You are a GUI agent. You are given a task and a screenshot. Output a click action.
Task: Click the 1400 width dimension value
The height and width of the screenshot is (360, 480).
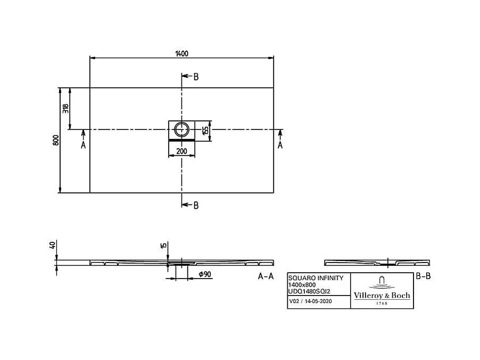(181, 53)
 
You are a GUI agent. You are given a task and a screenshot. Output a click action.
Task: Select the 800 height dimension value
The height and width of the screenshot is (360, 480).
(56, 140)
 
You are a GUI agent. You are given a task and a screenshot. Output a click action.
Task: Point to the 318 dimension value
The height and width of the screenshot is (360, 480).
(66, 109)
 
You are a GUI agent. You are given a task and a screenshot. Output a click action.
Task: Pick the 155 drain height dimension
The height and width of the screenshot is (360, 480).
(205, 130)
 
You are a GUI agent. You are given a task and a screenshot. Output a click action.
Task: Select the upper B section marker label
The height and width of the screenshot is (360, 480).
(196, 77)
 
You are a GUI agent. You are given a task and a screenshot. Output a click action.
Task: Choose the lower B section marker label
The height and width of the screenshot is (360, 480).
(196, 205)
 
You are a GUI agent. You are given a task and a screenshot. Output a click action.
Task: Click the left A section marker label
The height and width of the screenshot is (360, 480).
(83, 145)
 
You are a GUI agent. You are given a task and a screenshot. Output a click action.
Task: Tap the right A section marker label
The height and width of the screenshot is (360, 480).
(280, 145)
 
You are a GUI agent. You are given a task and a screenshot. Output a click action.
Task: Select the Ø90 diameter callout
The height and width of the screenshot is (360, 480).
(205, 274)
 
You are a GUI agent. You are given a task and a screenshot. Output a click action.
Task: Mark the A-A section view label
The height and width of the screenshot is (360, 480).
(266, 276)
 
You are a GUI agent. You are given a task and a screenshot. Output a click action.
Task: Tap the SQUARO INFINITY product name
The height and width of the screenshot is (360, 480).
(312, 278)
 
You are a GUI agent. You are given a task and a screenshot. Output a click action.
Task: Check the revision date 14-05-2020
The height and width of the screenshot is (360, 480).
(318, 301)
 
